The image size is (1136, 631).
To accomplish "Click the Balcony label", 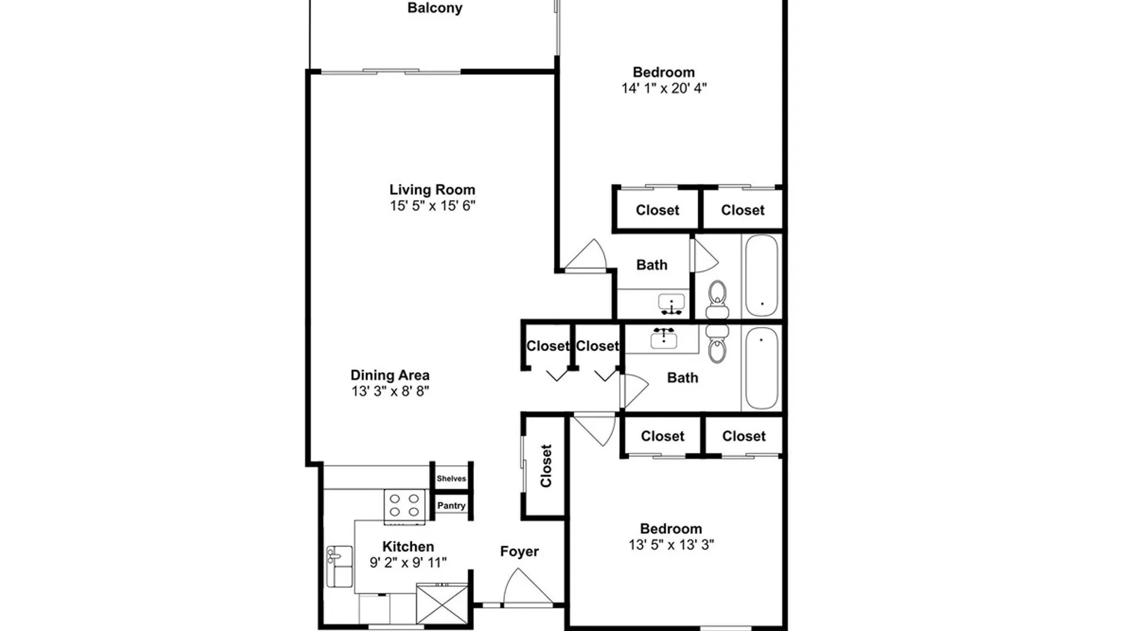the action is (435, 8).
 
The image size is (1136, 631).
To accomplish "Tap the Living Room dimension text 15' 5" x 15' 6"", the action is (432, 206).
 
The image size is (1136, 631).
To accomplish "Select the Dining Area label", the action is (390, 375).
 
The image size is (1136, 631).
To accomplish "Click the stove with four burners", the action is (405, 505).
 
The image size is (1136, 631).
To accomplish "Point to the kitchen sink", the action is (340, 566).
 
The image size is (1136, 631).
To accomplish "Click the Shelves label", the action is (451, 478).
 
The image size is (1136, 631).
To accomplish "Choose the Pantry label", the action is (451, 505).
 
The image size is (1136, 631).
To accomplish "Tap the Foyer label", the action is (519, 551).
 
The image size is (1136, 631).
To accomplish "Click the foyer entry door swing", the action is (527, 587).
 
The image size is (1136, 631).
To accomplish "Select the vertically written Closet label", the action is (546, 466).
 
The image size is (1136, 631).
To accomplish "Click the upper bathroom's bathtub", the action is (762, 276).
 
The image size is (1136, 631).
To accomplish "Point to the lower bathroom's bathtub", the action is (762, 369).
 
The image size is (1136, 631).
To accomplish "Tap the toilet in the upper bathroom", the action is (717, 300).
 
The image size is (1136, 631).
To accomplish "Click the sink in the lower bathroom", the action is (663, 338).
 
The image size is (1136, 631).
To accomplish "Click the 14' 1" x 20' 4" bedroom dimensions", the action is (664, 88).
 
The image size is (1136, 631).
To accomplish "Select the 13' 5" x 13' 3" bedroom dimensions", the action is (671, 545).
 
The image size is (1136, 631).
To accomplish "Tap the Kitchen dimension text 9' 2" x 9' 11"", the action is (408, 562).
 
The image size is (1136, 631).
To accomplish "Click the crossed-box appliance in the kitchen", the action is (442, 604).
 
